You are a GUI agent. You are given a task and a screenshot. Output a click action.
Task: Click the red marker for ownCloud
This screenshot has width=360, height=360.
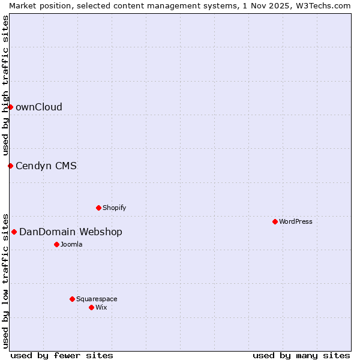pos(10,107)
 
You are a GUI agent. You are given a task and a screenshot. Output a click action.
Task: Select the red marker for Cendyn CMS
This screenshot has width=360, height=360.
pos(10,166)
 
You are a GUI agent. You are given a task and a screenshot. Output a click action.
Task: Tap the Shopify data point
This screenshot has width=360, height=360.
pos(98,208)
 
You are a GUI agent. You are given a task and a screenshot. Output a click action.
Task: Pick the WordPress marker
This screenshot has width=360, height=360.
pos(275,221)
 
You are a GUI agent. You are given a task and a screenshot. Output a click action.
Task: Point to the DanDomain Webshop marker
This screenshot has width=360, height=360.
pos(14,232)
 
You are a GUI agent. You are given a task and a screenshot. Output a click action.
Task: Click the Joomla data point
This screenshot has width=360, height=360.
pos(56,244)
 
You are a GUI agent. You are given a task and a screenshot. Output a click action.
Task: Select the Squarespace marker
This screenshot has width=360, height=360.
pos(72,299)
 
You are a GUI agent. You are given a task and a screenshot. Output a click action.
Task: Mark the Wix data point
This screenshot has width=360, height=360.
pos(91,307)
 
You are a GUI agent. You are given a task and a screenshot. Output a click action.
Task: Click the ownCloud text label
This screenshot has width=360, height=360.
pos(39,107)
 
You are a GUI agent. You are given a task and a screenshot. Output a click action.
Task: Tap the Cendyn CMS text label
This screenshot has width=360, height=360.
pos(46,166)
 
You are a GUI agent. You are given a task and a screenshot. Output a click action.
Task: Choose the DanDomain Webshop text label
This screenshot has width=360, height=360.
pos(71,232)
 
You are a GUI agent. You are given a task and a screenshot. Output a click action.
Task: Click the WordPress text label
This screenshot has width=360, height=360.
pos(296,221)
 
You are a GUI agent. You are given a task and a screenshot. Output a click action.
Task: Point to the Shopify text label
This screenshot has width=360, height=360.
pos(115,208)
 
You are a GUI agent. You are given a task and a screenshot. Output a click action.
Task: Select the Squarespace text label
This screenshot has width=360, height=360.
pos(97,299)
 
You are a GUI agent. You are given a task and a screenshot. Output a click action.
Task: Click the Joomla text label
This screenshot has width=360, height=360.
pos(71,244)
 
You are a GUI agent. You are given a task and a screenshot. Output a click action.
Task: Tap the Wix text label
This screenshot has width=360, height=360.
pos(101,307)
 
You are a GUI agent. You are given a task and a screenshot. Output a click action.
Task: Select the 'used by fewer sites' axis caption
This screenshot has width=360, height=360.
pos(62,355)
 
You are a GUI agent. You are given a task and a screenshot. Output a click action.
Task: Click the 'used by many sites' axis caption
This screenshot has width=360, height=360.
pos(301,355)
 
